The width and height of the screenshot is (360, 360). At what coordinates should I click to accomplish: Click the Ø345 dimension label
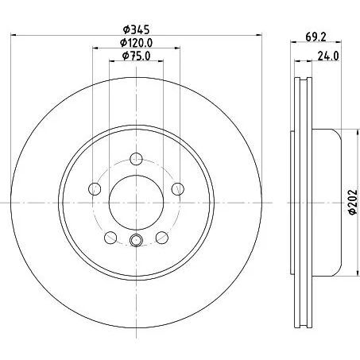tap(137, 29)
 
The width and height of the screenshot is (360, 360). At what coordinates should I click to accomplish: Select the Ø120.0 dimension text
tap(137, 43)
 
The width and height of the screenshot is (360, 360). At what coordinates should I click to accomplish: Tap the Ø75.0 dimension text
tap(137, 56)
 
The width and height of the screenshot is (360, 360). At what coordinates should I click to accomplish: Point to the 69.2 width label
tap(315, 37)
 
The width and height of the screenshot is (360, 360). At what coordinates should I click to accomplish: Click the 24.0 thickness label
tap(328, 56)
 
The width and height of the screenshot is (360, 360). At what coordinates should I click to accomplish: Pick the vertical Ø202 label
tap(353, 202)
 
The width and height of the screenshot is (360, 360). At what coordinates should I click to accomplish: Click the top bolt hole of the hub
tap(137, 159)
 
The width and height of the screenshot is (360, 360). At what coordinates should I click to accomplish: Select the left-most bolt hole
tap(95, 189)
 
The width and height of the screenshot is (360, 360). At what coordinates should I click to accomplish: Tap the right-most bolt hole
tap(178, 189)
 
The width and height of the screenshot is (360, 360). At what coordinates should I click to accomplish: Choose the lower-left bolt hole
tap(110, 238)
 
